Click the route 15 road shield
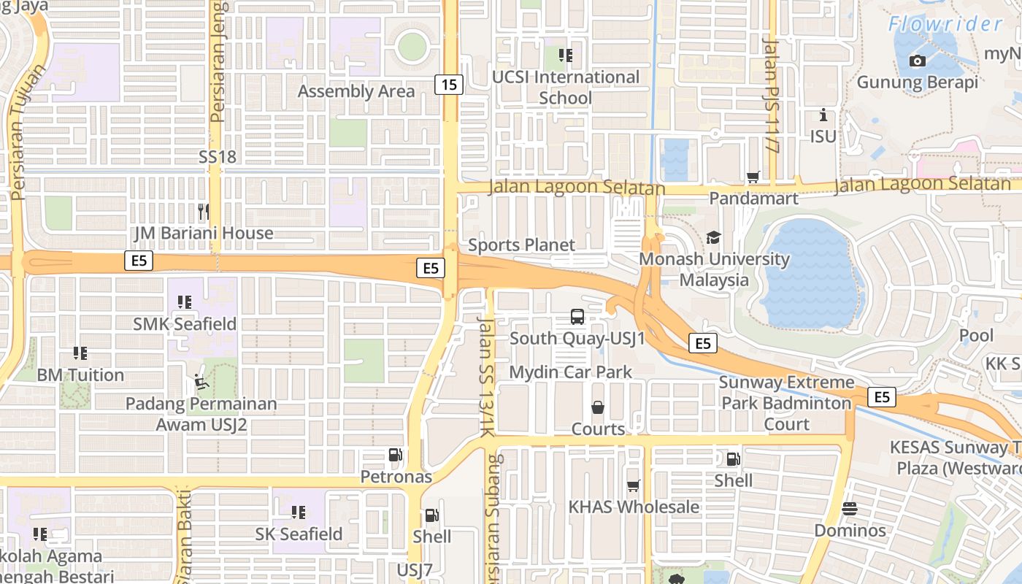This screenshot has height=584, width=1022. [449, 85]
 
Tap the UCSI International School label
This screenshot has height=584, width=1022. [565, 87]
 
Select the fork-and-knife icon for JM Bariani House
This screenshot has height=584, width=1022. [204, 212]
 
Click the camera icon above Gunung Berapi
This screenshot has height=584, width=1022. [918, 61]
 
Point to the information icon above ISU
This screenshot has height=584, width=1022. [823, 115]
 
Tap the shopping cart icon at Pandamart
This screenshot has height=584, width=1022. [753, 177]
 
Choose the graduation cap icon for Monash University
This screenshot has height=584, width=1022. [713, 238]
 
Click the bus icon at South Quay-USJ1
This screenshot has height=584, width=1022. [577, 317]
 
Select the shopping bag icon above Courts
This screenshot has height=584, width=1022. [598, 407]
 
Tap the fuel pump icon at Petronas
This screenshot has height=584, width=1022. [396, 456]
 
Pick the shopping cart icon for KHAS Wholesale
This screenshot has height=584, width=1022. [633, 485]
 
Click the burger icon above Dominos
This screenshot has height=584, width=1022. [850, 509]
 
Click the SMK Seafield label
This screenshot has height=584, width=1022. [185, 323]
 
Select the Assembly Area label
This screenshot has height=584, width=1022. [356, 91]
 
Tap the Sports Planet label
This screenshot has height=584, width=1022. [521, 245]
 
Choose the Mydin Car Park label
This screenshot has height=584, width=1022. [571, 372]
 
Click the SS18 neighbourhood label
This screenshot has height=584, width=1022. [218, 156]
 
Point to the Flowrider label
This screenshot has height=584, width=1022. [945, 24]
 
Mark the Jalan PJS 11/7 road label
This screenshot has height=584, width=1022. [770, 95]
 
